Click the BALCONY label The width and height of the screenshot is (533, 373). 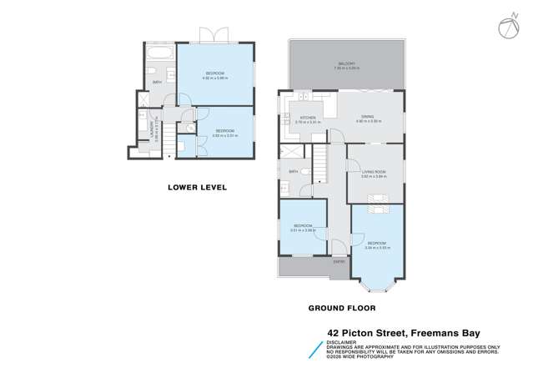click(x=346, y=63)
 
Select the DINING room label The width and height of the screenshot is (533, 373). click(x=368, y=118)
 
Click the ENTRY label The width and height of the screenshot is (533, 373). click(x=339, y=263)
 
